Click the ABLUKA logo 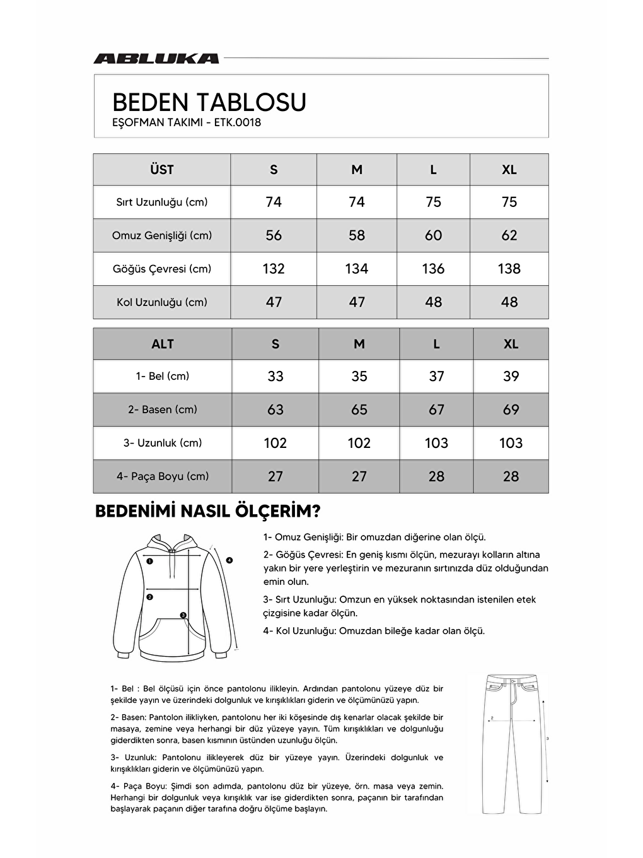pos(156,58)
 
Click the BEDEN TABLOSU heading pos(209,102)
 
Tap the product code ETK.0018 pos(238,122)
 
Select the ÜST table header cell pos(162,170)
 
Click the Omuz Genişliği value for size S pos(274,235)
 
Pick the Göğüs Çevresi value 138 pos(509,269)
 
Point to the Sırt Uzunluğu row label pos(162,203)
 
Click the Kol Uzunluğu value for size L pos(433,302)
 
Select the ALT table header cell pos(163,344)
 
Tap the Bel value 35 pos(359,377)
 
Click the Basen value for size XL pos(511,410)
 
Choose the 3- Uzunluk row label pos(163,443)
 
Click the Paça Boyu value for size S pos(275,476)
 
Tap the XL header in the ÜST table pos(509,170)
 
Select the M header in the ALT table pos(359,344)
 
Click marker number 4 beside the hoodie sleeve pos(229,560)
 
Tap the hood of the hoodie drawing pos(170,543)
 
